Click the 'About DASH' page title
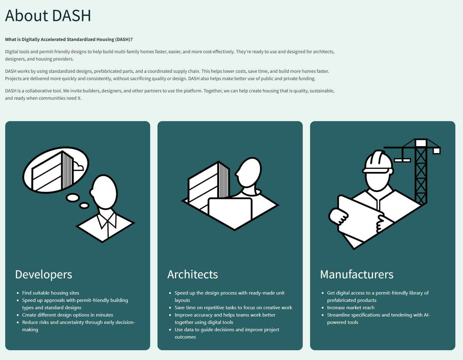point(48,16)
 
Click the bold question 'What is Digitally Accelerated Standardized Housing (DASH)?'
point(69,39)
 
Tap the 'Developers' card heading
point(44,274)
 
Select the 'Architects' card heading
point(193,274)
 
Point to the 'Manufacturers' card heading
point(357,274)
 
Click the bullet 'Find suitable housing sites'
point(51,293)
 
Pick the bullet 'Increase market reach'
point(351,308)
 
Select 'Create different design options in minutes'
point(68,315)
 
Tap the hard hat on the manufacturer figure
point(378,162)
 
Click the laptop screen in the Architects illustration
point(230,210)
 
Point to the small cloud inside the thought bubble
point(78,166)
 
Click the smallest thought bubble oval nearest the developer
point(84,206)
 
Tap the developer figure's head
point(104,192)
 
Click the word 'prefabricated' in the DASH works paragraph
point(108,71)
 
